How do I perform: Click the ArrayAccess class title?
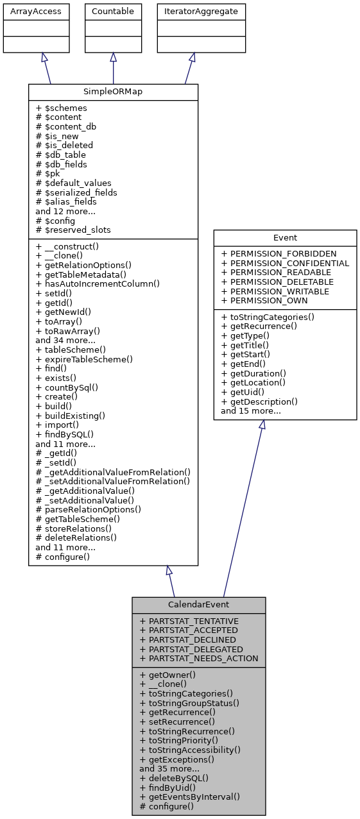(x=28, y=11)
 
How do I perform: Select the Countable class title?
(x=114, y=11)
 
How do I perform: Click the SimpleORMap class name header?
(x=113, y=92)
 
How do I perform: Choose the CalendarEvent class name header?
(x=198, y=605)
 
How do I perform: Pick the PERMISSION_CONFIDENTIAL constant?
(x=285, y=263)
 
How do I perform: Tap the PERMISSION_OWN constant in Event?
(x=264, y=300)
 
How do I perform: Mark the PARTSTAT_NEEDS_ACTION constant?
(x=198, y=658)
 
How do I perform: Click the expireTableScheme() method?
(x=84, y=359)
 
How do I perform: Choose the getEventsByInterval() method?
(x=189, y=797)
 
